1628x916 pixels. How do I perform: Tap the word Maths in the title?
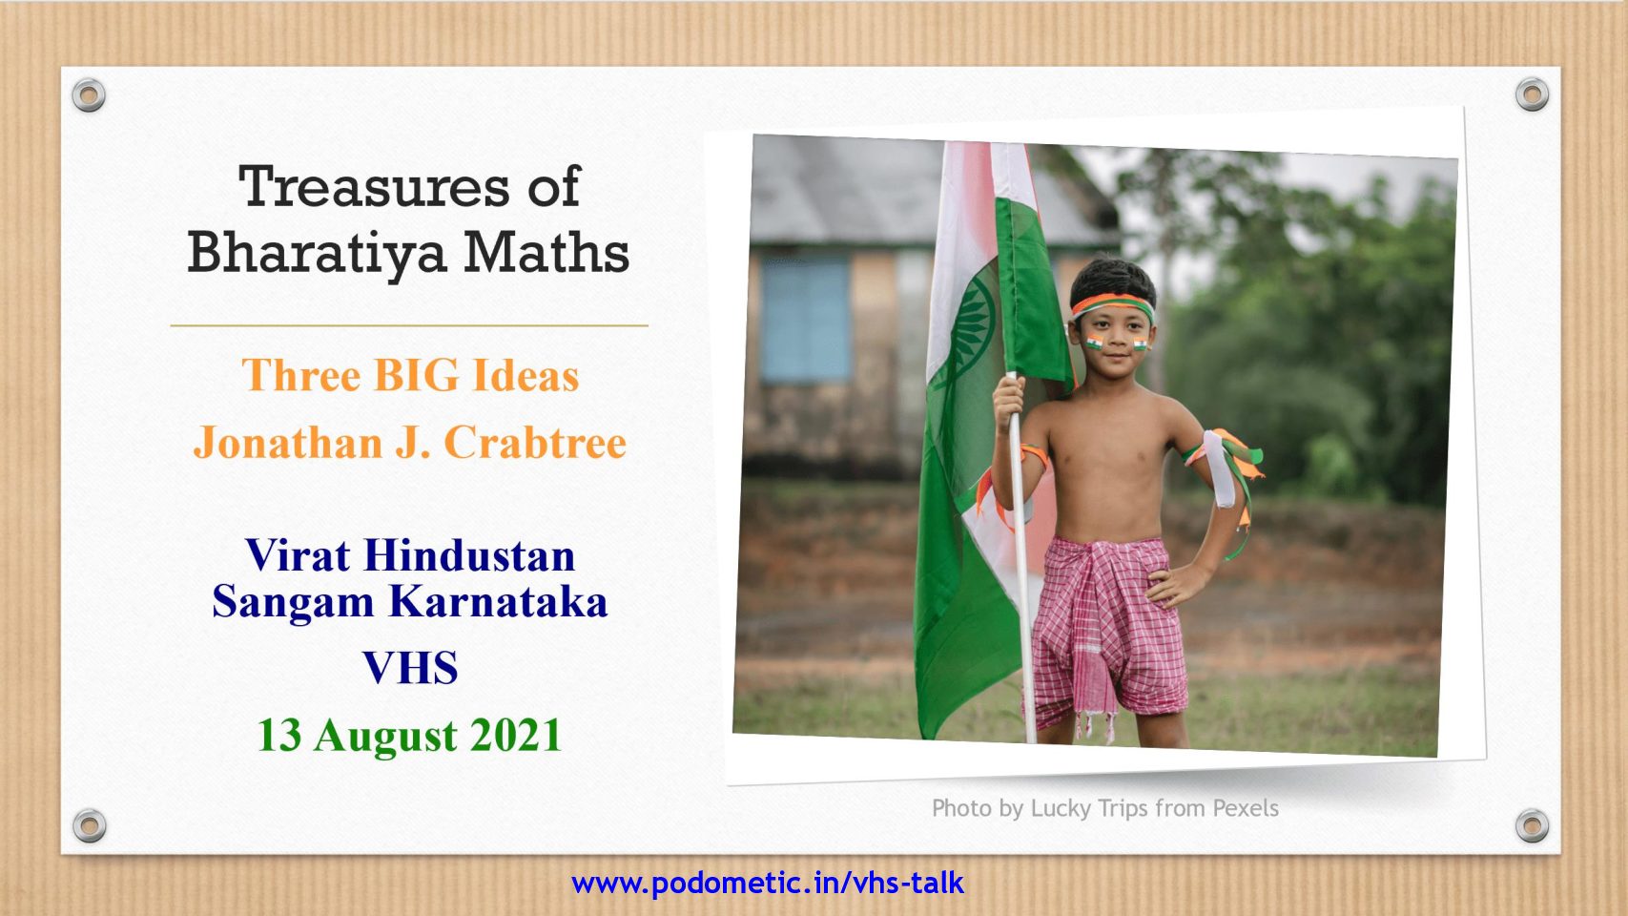546,253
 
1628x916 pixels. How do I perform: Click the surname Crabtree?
535,442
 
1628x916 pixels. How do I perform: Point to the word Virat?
298,555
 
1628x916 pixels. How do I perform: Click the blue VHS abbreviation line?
411,668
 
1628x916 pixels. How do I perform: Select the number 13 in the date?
279,735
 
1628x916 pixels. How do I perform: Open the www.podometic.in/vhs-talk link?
768,884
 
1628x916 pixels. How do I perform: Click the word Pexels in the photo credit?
1246,808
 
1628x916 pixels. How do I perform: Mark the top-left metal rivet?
89,95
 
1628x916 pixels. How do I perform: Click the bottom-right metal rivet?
1532,826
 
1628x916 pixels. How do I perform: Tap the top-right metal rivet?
1532,94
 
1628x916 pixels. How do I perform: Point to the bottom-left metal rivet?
90,826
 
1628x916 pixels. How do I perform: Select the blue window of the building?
806,320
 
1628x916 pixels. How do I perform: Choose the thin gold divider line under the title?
409,325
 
